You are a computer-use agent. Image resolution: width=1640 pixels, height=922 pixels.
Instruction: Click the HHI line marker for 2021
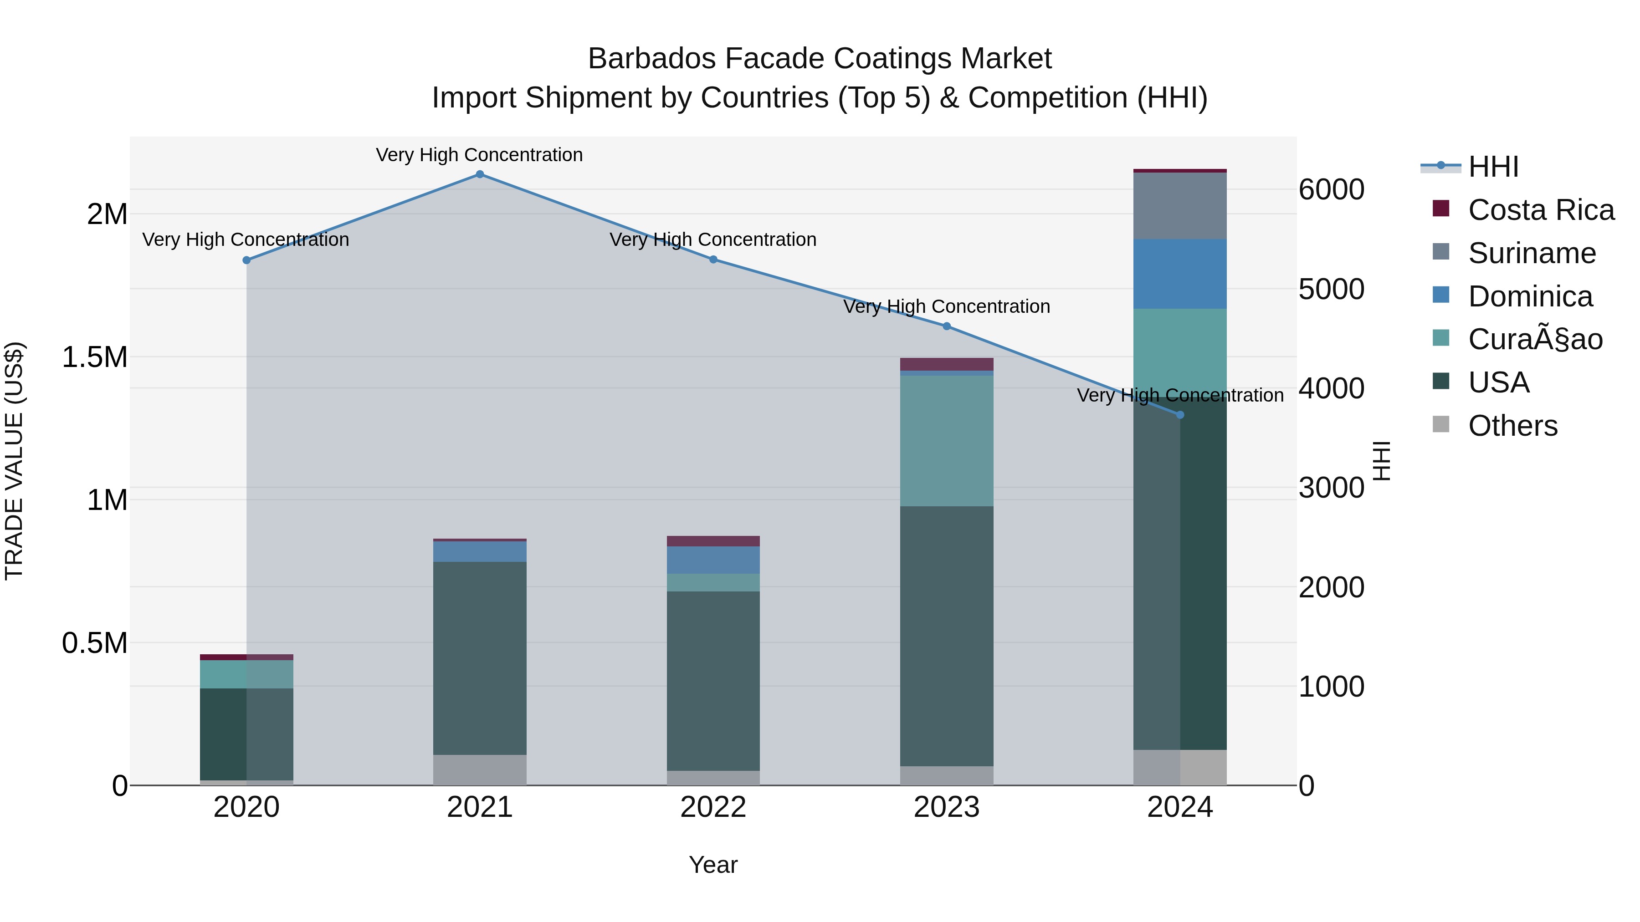[480, 174]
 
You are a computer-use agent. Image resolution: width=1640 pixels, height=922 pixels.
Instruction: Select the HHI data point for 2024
[1180, 415]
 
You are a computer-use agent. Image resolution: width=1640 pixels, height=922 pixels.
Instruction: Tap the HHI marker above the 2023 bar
[947, 326]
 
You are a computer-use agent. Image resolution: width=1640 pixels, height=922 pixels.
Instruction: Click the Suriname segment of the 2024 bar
[1180, 205]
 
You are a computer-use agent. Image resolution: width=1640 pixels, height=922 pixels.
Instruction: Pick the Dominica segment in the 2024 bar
[1180, 274]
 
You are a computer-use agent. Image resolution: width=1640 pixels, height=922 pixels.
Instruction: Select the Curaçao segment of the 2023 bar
[947, 441]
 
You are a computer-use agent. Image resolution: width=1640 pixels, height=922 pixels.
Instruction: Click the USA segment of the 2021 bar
[480, 658]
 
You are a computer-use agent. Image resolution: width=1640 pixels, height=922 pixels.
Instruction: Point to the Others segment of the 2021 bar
[480, 770]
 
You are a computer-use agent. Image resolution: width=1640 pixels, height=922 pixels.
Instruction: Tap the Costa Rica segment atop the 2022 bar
[713, 541]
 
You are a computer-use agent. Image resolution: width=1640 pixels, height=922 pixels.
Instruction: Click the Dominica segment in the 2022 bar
[713, 560]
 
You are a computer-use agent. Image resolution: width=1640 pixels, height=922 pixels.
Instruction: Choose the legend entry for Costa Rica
[1541, 210]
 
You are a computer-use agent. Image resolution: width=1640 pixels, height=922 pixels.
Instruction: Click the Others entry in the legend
[1512, 426]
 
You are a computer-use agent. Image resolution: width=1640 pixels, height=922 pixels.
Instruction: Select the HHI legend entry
[1493, 167]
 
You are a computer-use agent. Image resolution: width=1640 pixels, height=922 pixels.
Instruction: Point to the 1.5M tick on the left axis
[95, 357]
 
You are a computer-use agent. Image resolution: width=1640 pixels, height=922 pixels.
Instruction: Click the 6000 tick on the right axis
[1331, 189]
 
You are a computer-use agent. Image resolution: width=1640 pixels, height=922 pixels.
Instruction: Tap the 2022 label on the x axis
[713, 807]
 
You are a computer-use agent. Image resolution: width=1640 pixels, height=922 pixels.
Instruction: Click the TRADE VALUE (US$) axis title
[14, 461]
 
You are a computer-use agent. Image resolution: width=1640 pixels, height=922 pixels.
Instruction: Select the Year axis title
[713, 865]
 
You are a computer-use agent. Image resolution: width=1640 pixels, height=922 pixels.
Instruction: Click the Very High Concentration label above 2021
[479, 155]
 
